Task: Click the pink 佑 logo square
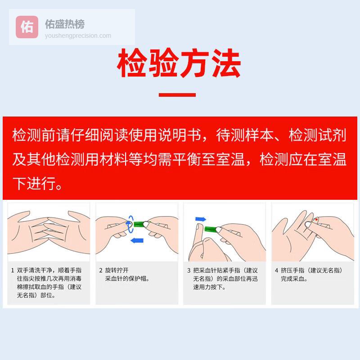click(x=27, y=27)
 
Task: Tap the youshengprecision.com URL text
click(x=78, y=36)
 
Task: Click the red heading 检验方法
click(x=179, y=63)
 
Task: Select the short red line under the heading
click(x=177, y=95)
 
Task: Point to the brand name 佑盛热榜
click(x=65, y=24)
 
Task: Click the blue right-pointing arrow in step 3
click(x=201, y=219)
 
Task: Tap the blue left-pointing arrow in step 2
click(x=137, y=241)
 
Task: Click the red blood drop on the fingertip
click(x=317, y=220)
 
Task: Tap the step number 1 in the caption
click(x=13, y=270)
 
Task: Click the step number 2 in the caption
click(x=101, y=270)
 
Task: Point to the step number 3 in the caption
click(x=189, y=270)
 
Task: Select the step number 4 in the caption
click(x=277, y=270)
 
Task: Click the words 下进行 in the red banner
click(x=35, y=183)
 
